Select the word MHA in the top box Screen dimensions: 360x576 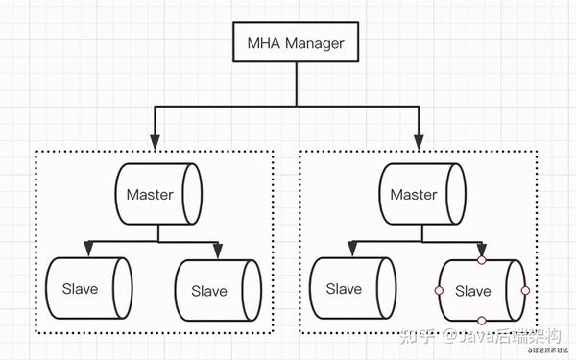tap(259, 44)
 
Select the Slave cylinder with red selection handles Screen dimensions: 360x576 tap(481, 290)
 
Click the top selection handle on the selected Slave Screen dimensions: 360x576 tap(482, 259)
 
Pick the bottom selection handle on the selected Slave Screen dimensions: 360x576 tap(482, 321)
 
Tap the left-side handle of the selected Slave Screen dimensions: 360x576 tap(439, 290)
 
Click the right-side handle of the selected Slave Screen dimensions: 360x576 tap(524, 290)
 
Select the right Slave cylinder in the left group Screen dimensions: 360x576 tap(217, 290)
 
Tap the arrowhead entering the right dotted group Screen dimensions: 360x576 tap(419, 142)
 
